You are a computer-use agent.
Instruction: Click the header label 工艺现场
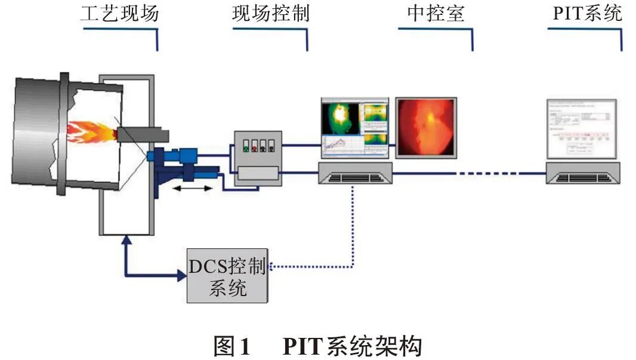119,13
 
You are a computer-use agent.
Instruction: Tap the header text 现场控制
270,13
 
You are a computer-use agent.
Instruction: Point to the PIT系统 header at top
585,13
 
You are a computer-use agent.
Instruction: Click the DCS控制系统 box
227,275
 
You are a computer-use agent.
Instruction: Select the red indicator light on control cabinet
253,146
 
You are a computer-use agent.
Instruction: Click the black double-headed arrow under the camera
192,189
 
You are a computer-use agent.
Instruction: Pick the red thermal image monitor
426,128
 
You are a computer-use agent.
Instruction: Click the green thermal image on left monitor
341,118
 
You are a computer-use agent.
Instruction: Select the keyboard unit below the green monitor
356,174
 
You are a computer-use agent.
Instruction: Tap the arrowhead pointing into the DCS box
181,275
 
